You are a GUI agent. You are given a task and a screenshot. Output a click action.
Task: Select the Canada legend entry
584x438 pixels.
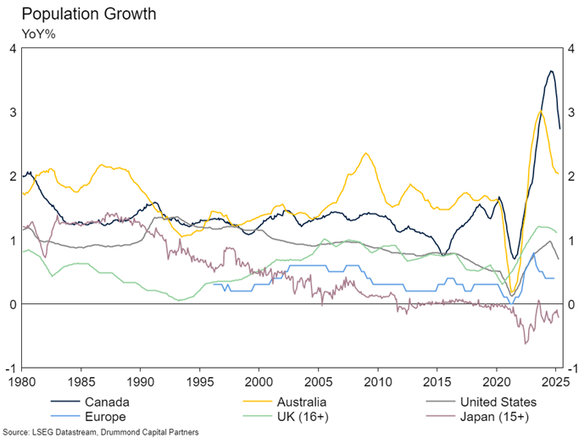pos(103,401)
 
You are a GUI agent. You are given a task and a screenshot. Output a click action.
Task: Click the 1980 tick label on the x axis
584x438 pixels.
pos(22,382)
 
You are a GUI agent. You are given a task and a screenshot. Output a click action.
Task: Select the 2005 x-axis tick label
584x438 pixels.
pos(318,382)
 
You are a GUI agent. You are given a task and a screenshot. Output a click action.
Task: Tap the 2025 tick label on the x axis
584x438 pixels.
pos(554,382)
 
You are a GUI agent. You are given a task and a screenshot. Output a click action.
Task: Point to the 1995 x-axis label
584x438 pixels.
pos(200,382)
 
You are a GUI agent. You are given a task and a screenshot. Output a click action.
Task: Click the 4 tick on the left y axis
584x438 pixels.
pos(12,48)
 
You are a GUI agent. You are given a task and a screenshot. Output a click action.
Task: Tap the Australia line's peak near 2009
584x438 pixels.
pos(365,153)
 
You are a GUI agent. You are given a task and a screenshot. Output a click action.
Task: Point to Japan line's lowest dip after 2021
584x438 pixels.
pos(526,343)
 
